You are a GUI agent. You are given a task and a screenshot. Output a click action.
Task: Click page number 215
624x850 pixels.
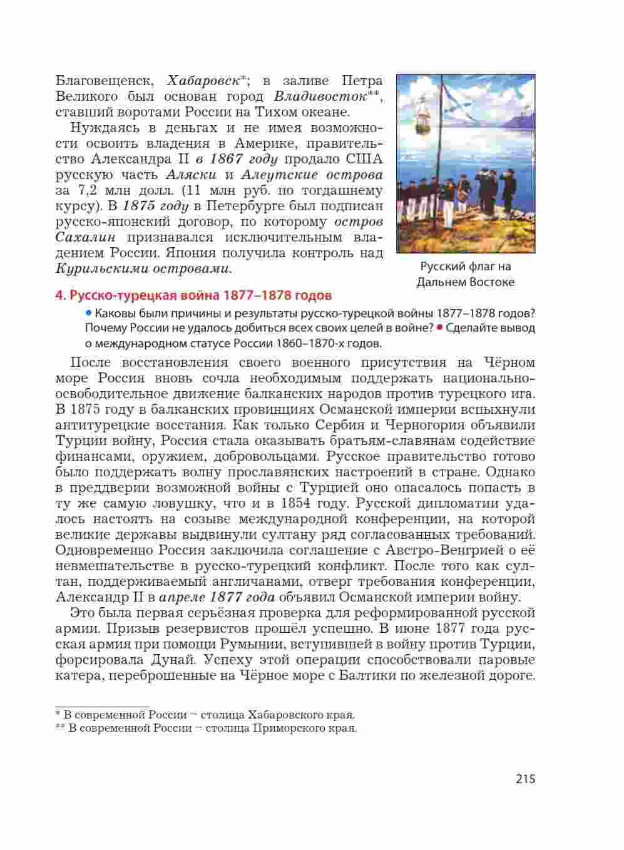click(526, 779)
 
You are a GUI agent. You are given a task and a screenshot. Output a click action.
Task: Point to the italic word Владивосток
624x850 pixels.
click(320, 97)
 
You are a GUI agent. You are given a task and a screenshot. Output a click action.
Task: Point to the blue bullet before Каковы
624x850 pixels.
click(89, 312)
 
